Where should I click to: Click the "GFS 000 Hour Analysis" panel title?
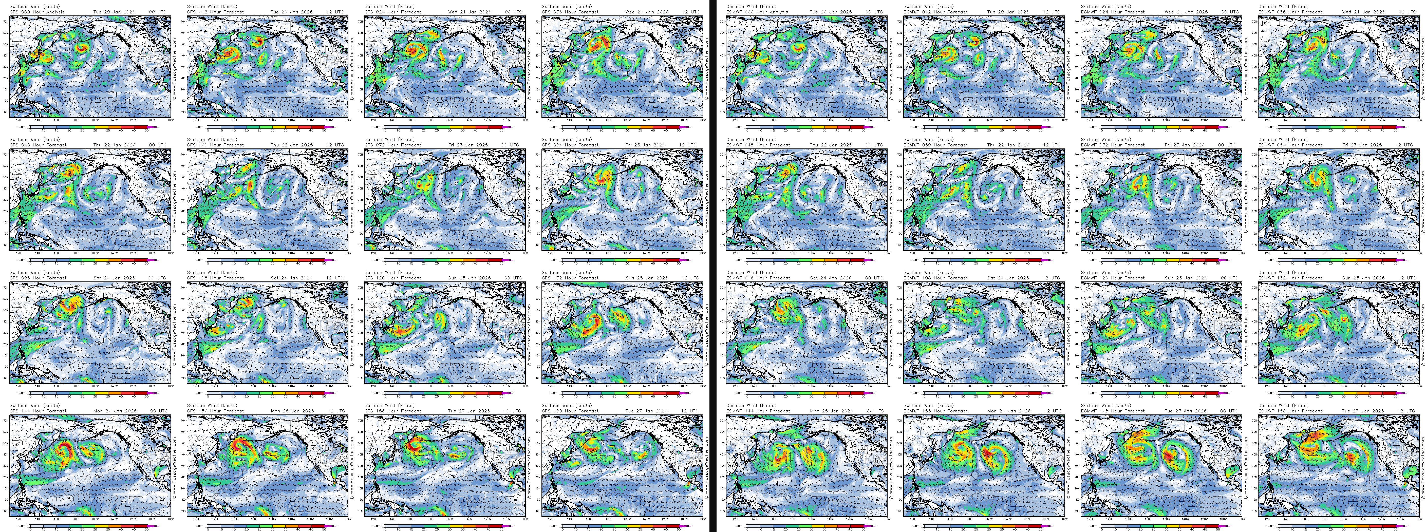click(x=37, y=12)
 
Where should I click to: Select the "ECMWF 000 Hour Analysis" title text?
click(x=757, y=12)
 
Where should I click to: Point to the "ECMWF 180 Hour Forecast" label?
click(x=1290, y=411)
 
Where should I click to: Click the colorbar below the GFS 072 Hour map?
click(x=443, y=260)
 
